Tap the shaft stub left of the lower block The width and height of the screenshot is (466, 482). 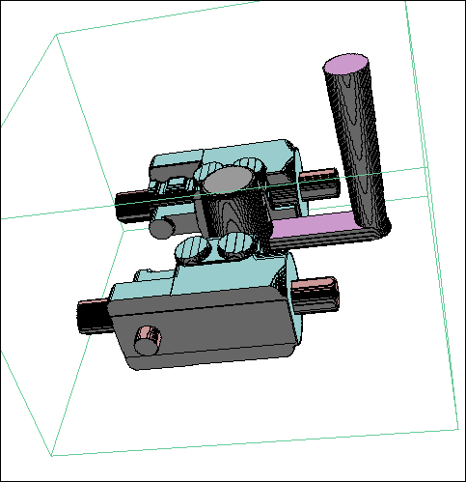94,314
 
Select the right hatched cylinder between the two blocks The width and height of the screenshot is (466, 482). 234,245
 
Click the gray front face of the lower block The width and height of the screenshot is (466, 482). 203,328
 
